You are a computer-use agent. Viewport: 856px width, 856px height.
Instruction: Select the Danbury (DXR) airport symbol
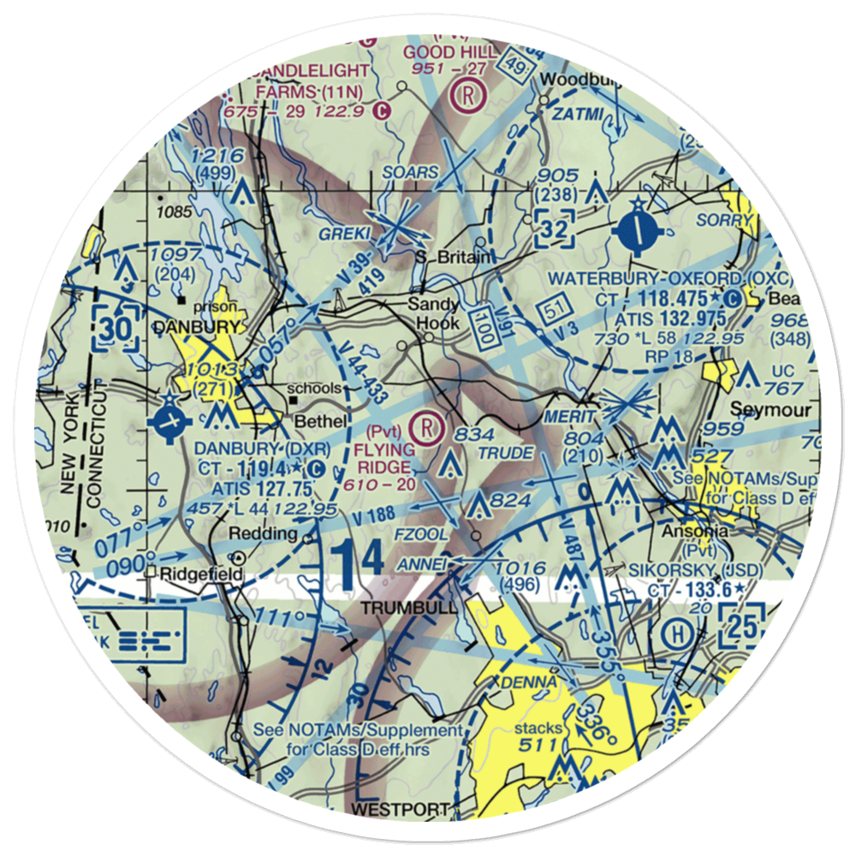pos(171,421)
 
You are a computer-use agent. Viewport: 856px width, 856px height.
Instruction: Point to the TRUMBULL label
pos(399,608)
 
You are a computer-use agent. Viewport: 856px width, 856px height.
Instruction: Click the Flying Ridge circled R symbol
pos(427,423)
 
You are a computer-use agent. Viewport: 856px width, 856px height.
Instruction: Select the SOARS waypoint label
pos(411,172)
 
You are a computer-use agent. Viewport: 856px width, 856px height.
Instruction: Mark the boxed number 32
pos(554,229)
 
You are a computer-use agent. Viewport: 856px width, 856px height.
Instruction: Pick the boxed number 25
pos(740,626)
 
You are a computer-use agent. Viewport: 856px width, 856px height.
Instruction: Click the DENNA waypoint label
pos(524,682)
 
